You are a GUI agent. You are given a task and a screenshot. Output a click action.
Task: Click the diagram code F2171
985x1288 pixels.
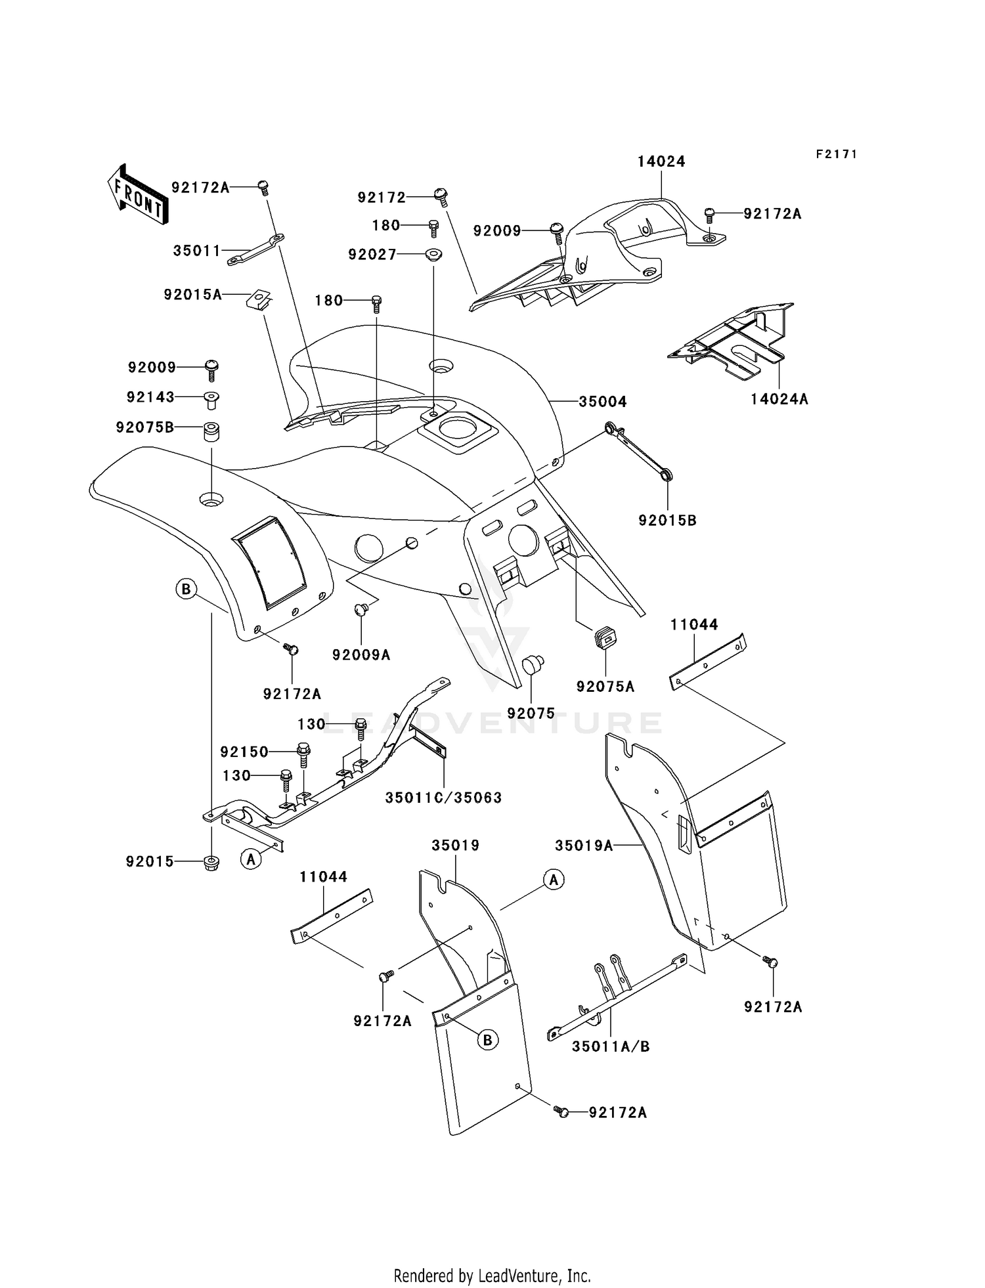[837, 154]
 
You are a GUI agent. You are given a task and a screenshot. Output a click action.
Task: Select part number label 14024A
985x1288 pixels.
[779, 398]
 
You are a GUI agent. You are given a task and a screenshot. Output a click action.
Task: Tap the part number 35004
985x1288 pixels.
[602, 401]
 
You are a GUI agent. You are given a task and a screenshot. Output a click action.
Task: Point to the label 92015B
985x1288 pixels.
[667, 520]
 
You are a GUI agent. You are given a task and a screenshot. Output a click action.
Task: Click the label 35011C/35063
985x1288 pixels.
[443, 798]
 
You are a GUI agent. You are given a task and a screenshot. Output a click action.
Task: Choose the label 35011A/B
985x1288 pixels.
[611, 1046]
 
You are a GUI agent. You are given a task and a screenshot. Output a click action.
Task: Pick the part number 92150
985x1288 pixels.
[244, 752]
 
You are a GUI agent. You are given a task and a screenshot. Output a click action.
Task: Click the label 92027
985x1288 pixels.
[372, 254]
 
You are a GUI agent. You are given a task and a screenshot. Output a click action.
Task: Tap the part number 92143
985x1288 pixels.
[150, 397]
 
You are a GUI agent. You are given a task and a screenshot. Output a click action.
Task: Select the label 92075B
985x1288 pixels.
[145, 427]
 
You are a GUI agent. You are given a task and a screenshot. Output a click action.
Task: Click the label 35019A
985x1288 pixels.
[584, 846]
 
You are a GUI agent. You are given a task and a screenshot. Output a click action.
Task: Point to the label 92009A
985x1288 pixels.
[361, 655]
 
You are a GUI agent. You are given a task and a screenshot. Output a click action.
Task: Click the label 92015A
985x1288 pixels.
[193, 295]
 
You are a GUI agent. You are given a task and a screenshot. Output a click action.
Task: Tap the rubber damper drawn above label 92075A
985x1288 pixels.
[604, 636]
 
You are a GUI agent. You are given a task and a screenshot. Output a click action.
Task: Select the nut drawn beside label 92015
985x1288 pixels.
[211, 862]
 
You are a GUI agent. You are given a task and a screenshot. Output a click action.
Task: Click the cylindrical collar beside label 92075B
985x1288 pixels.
[210, 433]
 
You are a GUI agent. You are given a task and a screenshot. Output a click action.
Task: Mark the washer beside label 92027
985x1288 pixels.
[432, 254]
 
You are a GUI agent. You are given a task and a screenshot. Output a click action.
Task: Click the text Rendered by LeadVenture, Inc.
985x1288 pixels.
[492, 1276]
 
